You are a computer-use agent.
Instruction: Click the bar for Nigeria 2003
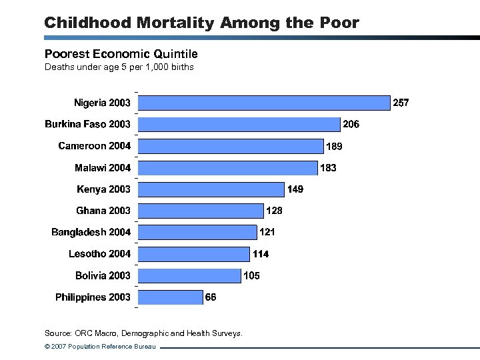[264, 103]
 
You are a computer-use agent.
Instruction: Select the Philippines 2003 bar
[171, 297]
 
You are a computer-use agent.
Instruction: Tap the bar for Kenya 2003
[211, 189]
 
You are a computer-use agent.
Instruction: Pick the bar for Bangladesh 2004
[198, 232]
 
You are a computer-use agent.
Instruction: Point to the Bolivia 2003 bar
[190, 275]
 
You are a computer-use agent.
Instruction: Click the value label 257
[401, 103]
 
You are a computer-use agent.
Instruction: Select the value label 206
[351, 124]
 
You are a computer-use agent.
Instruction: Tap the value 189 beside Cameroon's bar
[335, 146]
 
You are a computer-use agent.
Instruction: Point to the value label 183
[328, 168]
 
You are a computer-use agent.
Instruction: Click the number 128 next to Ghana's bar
[274, 211]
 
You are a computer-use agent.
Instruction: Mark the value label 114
[260, 254]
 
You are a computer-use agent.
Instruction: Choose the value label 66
[211, 297]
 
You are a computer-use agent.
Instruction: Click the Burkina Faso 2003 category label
[87, 124]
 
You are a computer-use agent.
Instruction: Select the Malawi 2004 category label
[103, 168]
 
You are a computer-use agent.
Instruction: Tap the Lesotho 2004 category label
[99, 254]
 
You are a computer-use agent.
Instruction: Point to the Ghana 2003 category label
[103, 211]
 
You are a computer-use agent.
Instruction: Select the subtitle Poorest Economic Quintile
[121, 53]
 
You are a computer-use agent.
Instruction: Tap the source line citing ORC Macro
[143, 333]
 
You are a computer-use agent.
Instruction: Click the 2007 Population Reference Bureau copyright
[99, 347]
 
